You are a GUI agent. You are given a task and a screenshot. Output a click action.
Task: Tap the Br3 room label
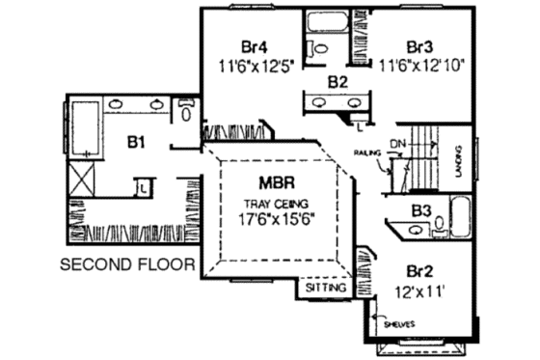(x=420, y=45)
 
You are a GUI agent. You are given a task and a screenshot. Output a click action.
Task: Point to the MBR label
(x=275, y=180)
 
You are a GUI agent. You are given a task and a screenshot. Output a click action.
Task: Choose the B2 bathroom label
(x=337, y=81)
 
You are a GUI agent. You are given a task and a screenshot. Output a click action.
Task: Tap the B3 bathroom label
(x=420, y=209)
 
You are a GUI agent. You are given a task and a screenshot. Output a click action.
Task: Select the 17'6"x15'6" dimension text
(x=275, y=218)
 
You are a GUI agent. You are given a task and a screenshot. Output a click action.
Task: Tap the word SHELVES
(x=397, y=323)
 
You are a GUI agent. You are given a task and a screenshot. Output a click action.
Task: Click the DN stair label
(x=398, y=143)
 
